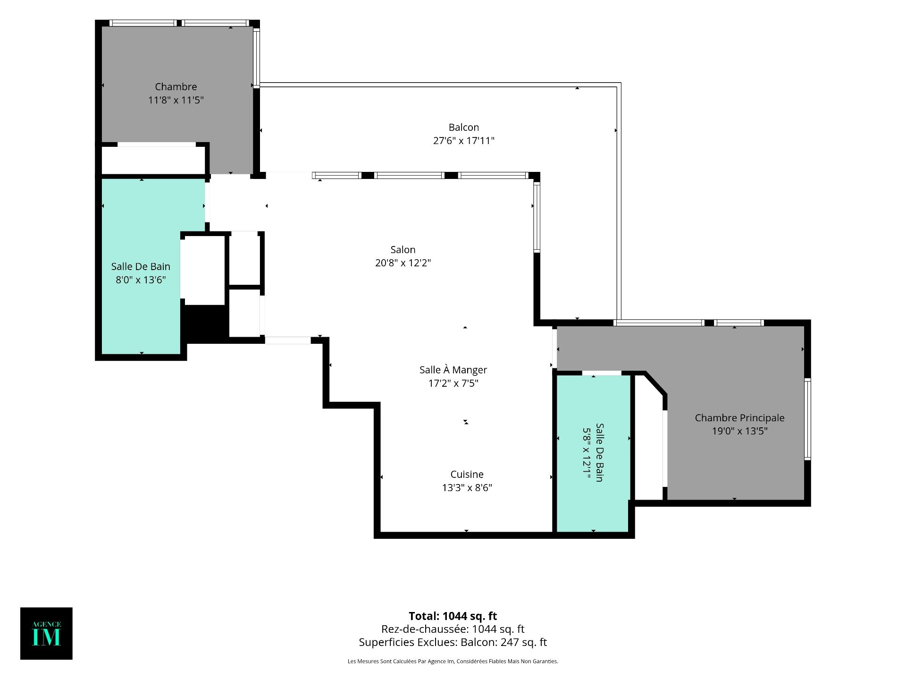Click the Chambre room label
point(176,87)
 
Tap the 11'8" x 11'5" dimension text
point(176,100)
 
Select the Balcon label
point(464,127)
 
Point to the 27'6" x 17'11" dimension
point(464,141)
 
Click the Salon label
point(403,250)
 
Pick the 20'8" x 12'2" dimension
point(403,263)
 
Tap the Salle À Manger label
point(453,370)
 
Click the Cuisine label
point(467,475)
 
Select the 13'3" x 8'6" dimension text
point(467,488)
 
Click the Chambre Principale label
point(740,418)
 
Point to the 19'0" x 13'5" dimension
point(740,431)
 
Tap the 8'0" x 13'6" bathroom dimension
point(141,280)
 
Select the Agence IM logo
point(46,633)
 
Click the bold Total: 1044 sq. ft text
point(453,616)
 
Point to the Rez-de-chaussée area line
point(453,629)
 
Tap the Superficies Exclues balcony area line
point(453,643)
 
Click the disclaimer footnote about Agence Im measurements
point(453,662)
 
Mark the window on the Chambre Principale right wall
point(807,419)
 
